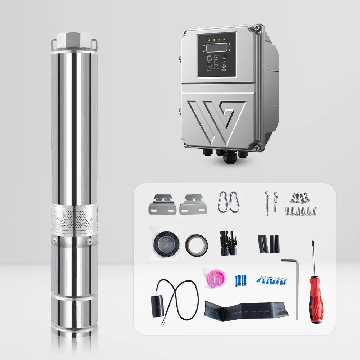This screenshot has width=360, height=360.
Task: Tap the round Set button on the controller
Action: coord(209,58)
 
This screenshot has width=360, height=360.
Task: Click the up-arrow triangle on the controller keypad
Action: coord(217,58)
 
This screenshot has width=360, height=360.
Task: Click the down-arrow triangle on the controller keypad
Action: coord(217,66)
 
